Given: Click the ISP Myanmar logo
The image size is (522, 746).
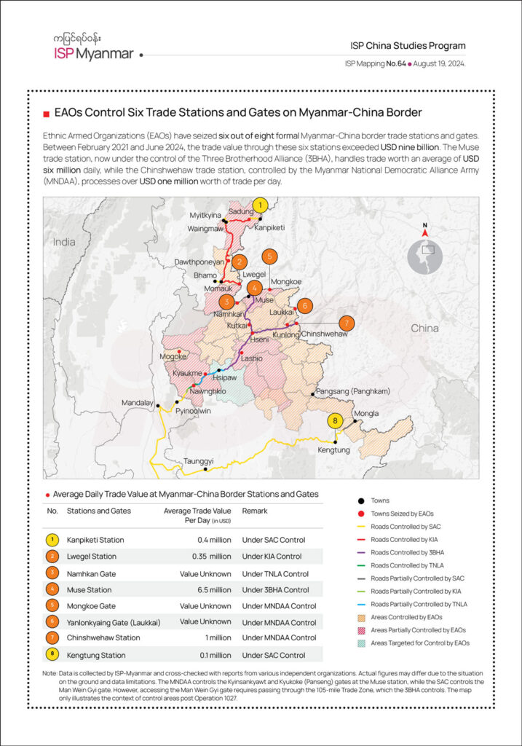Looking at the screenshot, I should (x=93, y=48).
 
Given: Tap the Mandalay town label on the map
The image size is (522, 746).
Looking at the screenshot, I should (x=137, y=402).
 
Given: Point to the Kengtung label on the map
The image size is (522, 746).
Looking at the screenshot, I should (x=334, y=450).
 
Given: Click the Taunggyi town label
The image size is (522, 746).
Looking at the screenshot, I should (x=198, y=461).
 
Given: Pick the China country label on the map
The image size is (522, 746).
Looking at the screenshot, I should (x=424, y=329).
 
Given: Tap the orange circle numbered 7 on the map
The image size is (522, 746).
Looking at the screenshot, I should (x=347, y=323).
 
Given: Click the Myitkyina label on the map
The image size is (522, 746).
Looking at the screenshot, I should (x=205, y=216).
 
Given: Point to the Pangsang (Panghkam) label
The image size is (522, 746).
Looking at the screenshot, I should (x=354, y=392).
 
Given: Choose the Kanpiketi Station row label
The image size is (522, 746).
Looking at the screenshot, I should (x=95, y=540).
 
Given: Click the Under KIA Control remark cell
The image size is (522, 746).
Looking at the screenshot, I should (x=272, y=557).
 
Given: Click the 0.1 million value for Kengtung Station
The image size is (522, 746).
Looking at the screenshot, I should (x=212, y=656).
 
